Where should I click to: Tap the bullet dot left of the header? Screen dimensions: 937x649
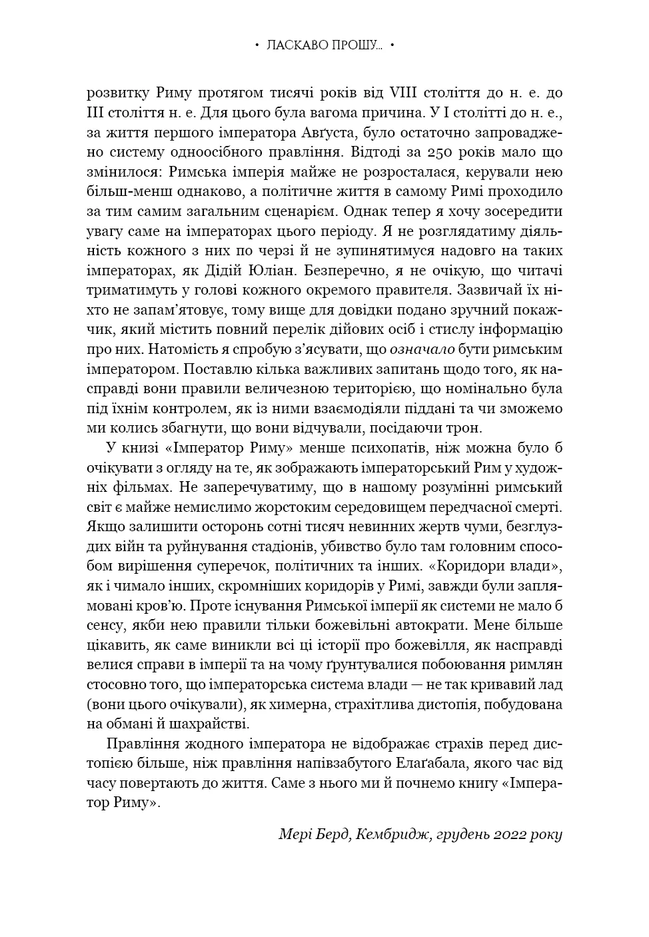[257, 46]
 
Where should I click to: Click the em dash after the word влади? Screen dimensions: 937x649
[410, 684]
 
